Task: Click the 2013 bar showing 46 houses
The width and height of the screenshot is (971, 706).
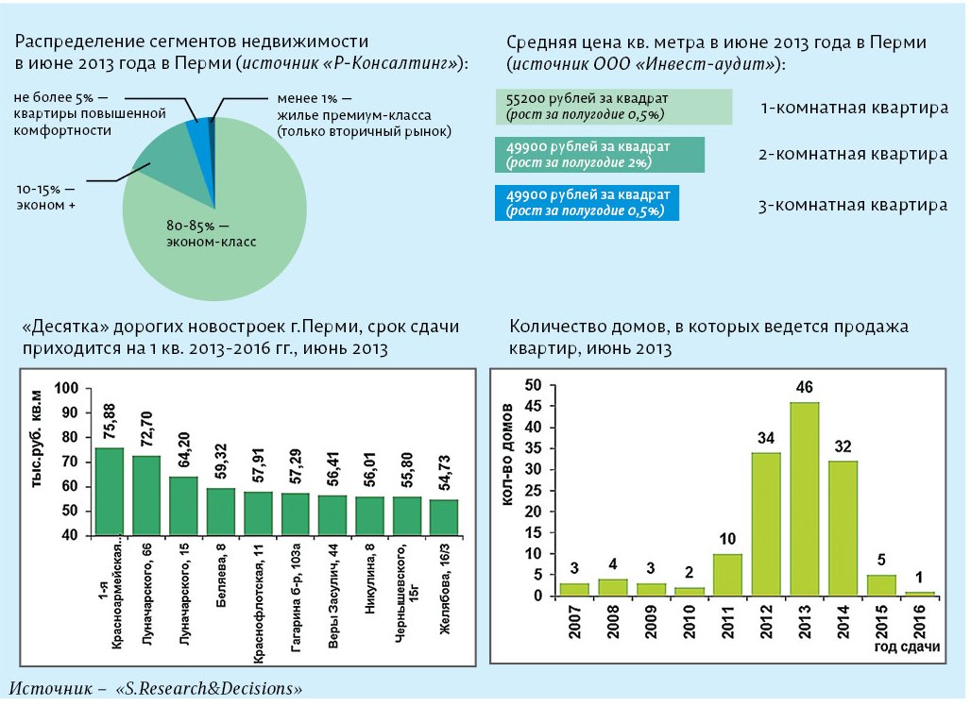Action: pyautogui.click(x=804, y=498)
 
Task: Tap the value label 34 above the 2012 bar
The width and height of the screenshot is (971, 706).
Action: pyautogui.click(x=765, y=439)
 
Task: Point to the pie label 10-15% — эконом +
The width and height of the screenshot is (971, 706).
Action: pyautogui.click(x=45, y=196)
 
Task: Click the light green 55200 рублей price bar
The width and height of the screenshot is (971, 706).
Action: pyautogui.click(x=614, y=107)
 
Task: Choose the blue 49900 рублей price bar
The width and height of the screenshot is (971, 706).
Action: pyautogui.click(x=587, y=203)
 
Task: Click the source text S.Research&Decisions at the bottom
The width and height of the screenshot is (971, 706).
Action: pyautogui.click(x=208, y=689)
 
